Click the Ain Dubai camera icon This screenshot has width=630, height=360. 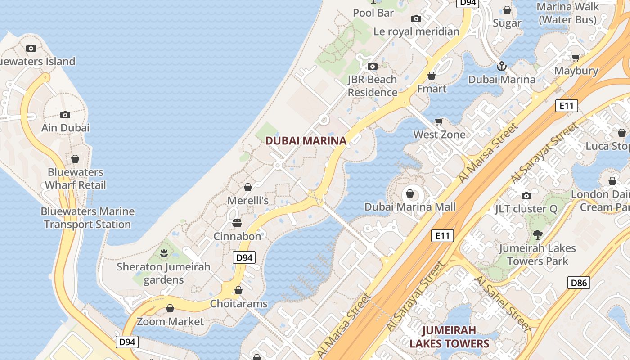point(65,115)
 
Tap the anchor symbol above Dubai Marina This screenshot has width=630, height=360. point(501,67)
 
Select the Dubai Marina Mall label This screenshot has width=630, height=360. point(410,207)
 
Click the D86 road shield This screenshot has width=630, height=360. point(579,283)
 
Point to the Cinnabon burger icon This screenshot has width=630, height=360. point(237,223)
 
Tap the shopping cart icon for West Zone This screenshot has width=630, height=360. point(439,121)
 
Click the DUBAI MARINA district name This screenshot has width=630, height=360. point(306,140)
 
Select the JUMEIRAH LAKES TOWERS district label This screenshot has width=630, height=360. point(449,337)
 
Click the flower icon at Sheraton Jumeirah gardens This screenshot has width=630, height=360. point(164,254)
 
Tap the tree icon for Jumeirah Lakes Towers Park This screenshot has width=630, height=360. point(537,234)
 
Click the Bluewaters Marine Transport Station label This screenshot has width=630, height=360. point(88,218)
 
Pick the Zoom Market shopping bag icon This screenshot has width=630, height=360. point(170,308)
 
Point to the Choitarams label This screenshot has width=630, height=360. point(238,304)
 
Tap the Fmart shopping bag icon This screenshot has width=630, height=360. point(432,76)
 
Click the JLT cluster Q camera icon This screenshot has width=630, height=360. point(526,196)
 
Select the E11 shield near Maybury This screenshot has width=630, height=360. point(566,106)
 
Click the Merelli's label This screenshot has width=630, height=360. point(248,200)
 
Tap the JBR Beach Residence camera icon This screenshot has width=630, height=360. point(372,67)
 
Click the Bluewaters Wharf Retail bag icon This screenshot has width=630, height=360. point(75,159)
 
